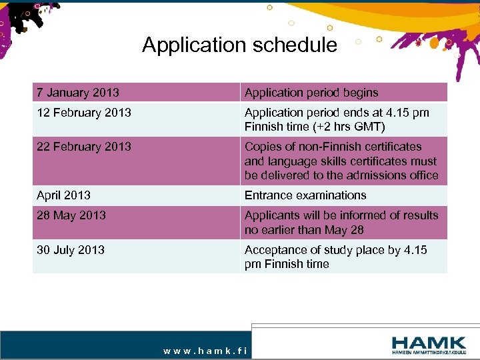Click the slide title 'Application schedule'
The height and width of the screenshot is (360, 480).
(x=239, y=45)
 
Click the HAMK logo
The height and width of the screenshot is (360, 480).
(x=429, y=343)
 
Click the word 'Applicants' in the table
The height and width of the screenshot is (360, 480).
(x=272, y=215)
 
